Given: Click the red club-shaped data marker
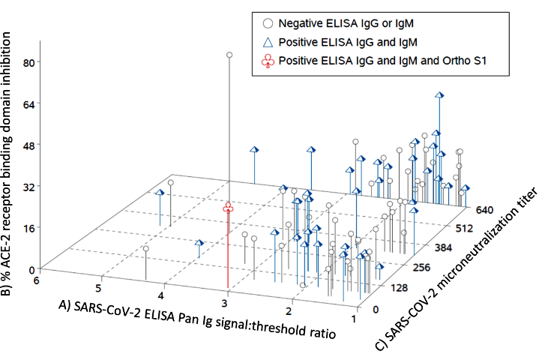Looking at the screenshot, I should (x=229, y=208).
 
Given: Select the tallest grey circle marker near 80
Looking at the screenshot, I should (x=229, y=55).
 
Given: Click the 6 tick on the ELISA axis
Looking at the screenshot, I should (x=35, y=279).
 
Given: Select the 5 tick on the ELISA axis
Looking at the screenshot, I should (x=98, y=288).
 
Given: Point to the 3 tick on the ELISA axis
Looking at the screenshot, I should (x=223, y=301).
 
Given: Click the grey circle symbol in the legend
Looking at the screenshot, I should (x=267, y=24).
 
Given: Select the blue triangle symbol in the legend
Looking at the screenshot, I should (x=267, y=43).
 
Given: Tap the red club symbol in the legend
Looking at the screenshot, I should (x=267, y=62).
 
